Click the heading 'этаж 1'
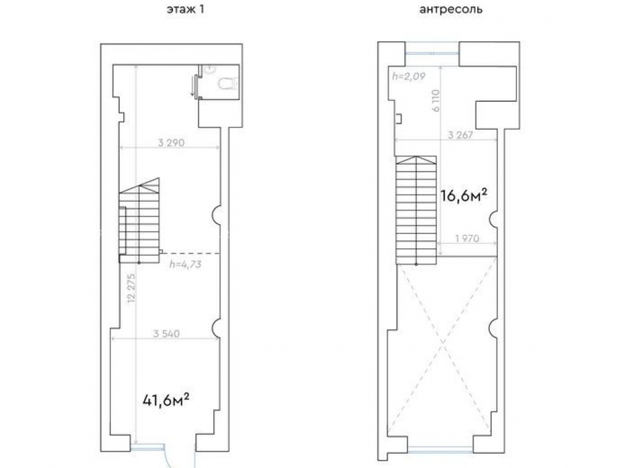click(185, 9)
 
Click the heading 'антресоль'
click(451, 9)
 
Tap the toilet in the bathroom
click(228, 84)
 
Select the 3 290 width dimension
click(171, 142)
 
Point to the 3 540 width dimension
click(167, 333)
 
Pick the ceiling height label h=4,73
click(185, 264)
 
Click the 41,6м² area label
click(165, 400)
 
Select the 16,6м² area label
click(464, 195)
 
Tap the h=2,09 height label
click(409, 76)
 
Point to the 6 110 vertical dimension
click(436, 100)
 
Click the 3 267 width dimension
click(461, 135)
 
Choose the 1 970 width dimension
click(467, 238)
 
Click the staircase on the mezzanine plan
click(416, 210)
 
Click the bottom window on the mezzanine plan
click(440, 450)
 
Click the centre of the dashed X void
click(442, 342)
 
